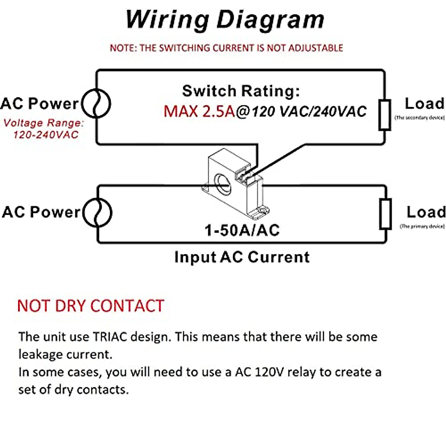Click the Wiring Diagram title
(225, 19)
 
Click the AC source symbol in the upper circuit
(96, 104)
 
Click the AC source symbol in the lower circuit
(97, 212)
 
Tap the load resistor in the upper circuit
(385, 115)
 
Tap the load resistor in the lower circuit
(385, 214)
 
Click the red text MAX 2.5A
(199, 111)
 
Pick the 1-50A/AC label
(242, 230)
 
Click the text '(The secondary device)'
(419, 118)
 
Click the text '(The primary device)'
(422, 226)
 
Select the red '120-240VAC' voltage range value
(46, 135)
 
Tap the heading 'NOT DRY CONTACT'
(91, 306)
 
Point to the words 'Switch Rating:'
(241, 91)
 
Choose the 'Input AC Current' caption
(242, 257)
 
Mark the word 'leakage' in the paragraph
(40, 354)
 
